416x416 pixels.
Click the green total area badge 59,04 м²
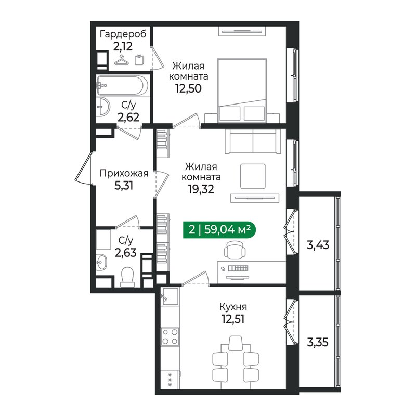[x=219, y=229]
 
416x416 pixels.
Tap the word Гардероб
[x=123, y=34]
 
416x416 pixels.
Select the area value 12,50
[x=188, y=88]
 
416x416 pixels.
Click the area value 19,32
[x=201, y=189]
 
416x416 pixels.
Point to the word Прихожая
[x=124, y=174]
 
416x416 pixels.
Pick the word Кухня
[x=233, y=307]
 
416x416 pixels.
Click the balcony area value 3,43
[x=318, y=245]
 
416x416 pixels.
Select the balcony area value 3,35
[x=318, y=343]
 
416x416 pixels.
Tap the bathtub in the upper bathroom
[x=122, y=85]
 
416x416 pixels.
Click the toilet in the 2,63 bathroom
[x=127, y=277]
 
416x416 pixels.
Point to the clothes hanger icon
[x=122, y=60]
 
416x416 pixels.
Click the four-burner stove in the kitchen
[x=170, y=336]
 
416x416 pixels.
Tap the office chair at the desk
[x=235, y=250]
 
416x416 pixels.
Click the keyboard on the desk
[x=238, y=268]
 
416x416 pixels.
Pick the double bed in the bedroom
[x=242, y=90]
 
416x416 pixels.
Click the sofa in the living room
[x=253, y=141]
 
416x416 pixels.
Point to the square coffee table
[x=253, y=176]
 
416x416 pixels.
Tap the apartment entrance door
[x=84, y=167]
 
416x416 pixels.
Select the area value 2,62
[x=128, y=117]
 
